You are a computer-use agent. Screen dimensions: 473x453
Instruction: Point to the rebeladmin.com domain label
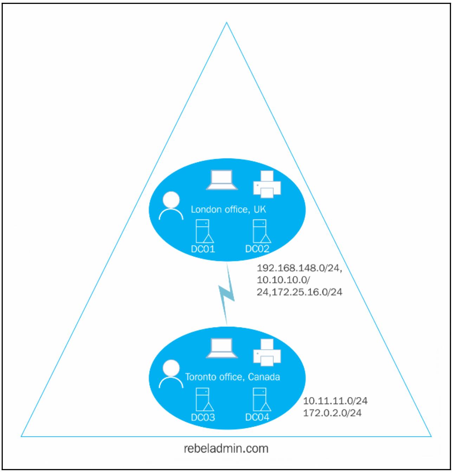[226, 449]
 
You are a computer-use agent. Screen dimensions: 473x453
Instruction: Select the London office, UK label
[228, 209]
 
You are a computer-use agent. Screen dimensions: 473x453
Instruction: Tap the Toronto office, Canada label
[232, 377]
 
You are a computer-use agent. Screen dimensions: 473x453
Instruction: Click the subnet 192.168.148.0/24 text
[299, 269]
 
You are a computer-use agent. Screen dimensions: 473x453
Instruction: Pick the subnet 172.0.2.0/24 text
[332, 413]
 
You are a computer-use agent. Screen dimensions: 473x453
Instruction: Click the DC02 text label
[257, 249]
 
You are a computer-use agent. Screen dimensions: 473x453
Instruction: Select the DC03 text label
[203, 417]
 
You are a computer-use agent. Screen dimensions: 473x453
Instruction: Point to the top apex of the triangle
[227, 23]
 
